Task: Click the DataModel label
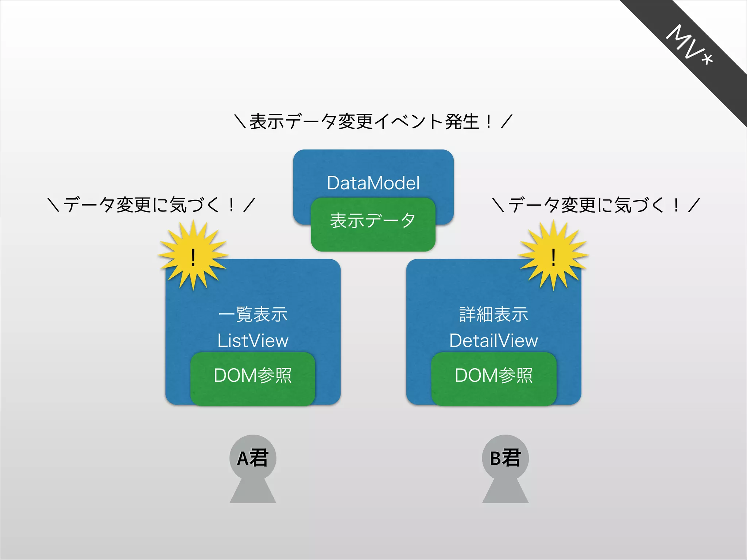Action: (x=373, y=183)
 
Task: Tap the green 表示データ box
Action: (x=373, y=224)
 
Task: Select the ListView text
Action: (x=253, y=341)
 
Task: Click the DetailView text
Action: (x=494, y=341)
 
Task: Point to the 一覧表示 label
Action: (x=253, y=314)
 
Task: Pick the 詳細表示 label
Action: (x=494, y=314)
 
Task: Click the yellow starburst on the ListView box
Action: (x=193, y=255)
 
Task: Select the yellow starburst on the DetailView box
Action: (x=553, y=255)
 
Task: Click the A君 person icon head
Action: (x=253, y=458)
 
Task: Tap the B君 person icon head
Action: (x=505, y=458)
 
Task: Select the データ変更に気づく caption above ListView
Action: (x=151, y=205)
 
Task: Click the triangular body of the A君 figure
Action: (x=253, y=492)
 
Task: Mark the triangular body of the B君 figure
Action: (x=505, y=492)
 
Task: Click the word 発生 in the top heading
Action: (x=461, y=121)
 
